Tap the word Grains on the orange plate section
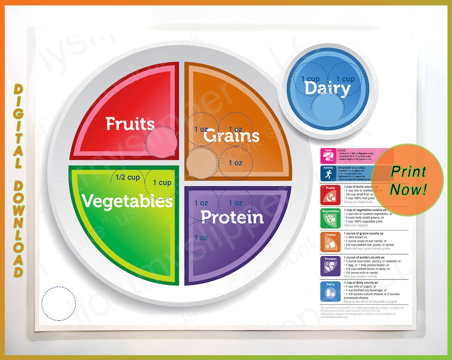coord(231,136)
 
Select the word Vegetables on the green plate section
coord(127,201)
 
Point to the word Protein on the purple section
coord(232,217)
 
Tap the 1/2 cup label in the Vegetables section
coord(128,177)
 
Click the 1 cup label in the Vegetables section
coord(162,183)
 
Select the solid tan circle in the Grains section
coord(201,164)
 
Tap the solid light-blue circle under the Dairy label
coord(328,108)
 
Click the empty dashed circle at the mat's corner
coord(59,303)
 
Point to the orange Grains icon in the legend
coord(331,241)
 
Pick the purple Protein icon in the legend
coord(331,266)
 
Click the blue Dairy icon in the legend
coord(331,291)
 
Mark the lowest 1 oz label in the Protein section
coord(201,238)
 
